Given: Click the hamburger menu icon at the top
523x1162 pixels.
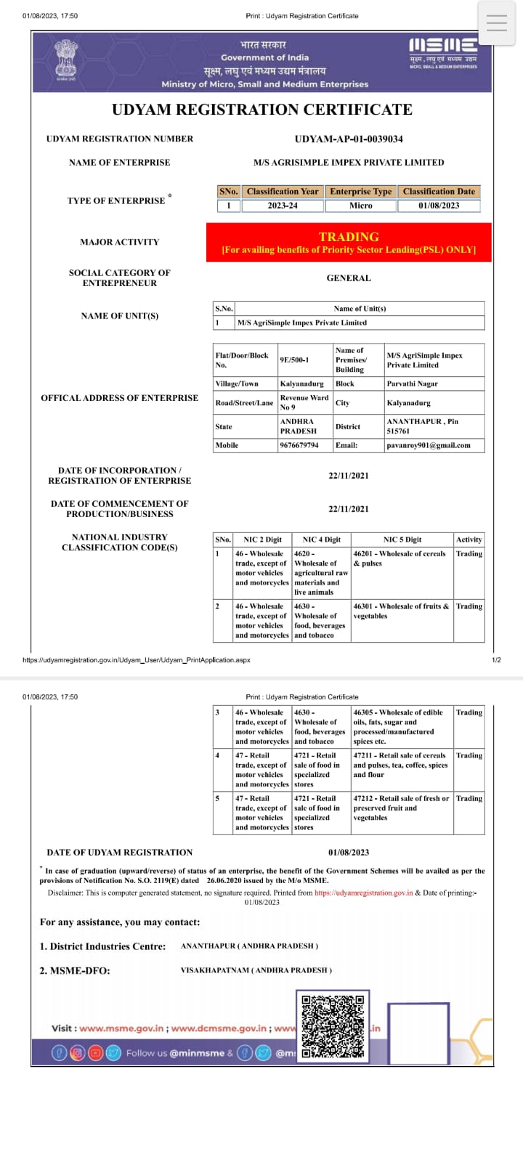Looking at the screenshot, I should click(497, 23).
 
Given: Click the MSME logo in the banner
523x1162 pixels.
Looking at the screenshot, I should click(443, 53).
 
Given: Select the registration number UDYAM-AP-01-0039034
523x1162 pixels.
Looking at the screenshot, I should click(349, 139).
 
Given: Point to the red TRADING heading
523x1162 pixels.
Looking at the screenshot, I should click(349, 237).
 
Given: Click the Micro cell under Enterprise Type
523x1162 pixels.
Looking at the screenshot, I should click(361, 206).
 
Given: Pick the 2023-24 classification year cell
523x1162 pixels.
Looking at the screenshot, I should click(283, 206).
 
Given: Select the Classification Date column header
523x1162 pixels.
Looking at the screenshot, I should click(439, 192).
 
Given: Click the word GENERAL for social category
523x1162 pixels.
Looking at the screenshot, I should click(349, 278).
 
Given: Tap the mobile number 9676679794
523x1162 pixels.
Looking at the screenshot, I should click(299, 445).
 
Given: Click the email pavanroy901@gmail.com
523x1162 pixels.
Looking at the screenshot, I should click(429, 445).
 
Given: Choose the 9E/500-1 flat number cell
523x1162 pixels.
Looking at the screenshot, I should click(295, 359).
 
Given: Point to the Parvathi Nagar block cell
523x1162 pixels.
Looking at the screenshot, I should click(413, 383).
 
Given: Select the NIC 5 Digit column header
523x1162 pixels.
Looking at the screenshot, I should click(402, 540).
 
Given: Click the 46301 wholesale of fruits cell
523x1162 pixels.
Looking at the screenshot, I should click(401, 611).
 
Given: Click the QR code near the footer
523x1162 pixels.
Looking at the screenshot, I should click(333, 1026).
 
